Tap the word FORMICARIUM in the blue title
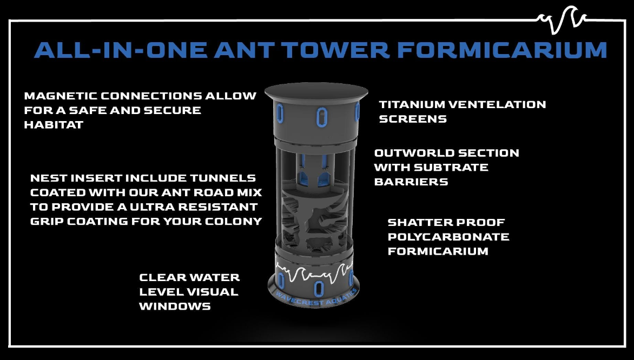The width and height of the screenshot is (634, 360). (502, 50)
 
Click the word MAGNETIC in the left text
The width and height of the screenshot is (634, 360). (60, 96)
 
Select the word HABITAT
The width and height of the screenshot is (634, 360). (54, 125)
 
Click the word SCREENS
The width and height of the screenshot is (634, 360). (413, 119)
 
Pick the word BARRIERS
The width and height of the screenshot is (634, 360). (411, 182)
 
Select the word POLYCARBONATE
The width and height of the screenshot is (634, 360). (448, 237)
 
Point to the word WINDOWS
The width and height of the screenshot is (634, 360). (175, 306)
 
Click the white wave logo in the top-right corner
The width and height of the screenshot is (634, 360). (562, 19)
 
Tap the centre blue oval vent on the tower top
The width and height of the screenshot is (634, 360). (321, 117)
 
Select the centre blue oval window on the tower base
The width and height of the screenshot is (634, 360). (319, 289)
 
